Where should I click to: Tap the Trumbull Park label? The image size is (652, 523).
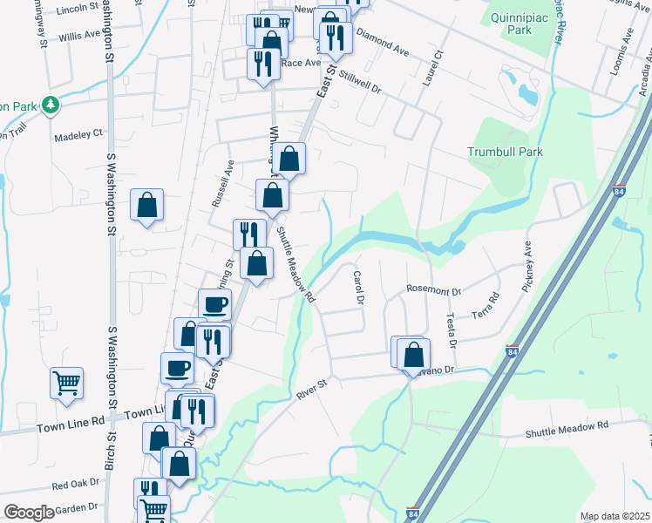tap(505, 152)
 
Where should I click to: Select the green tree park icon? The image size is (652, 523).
tap(51, 105)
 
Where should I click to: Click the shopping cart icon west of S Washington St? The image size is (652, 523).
tap(67, 383)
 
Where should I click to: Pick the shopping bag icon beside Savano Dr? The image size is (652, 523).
tap(414, 354)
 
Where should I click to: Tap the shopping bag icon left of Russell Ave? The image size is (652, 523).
tap(147, 207)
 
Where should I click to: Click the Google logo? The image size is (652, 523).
tap(28, 513)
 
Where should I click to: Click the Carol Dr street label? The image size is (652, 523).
tap(357, 287)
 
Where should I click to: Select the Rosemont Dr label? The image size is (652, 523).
tap(433, 288)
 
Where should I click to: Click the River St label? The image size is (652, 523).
tap(310, 389)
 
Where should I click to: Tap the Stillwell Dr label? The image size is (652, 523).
tap(356, 82)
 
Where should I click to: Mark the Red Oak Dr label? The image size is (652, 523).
tap(76, 484)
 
